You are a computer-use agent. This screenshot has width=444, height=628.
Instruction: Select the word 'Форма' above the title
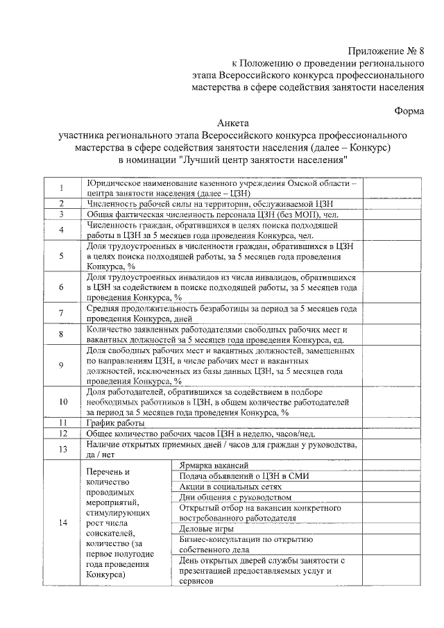coord(408,109)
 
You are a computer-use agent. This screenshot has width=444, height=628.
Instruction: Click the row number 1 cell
coord(61,188)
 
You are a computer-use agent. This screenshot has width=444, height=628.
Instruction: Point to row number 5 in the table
coord(61,255)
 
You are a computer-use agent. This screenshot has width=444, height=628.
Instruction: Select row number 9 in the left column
coord(61,366)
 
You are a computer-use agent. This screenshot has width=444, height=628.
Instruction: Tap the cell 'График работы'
coord(116,423)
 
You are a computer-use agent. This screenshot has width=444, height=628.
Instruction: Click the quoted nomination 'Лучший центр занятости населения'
coord(263,160)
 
